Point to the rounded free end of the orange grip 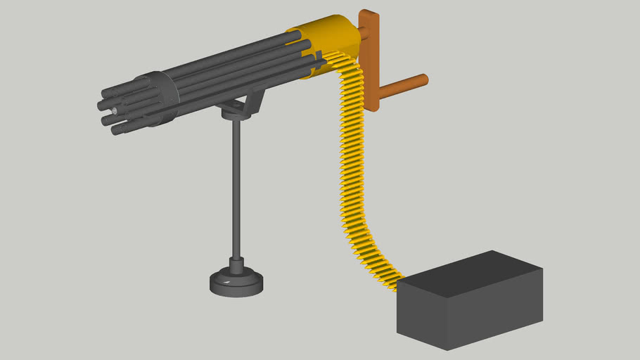(x=424, y=79)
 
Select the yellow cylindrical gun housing (x=331, y=39)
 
